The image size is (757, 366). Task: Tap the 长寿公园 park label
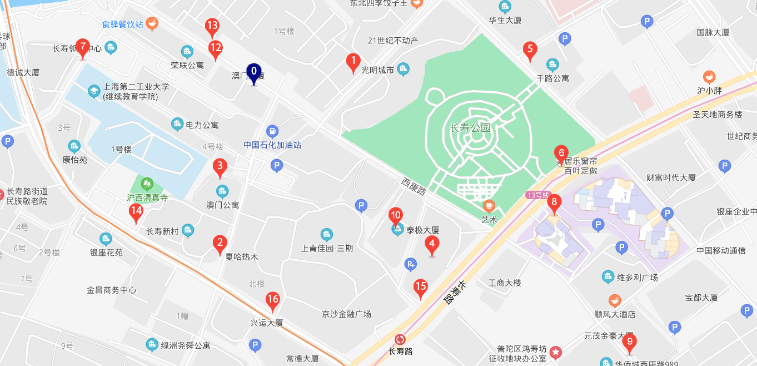click(x=470, y=128)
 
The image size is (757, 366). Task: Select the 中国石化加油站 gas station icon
click(x=272, y=131)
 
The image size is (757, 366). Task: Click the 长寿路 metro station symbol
click(x=400, y=339)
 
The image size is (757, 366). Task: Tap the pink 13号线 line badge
click(x=537, y=195)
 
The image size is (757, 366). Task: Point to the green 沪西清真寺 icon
click(x=147, y=182)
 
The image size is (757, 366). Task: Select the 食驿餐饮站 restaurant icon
click(x=152, y=23)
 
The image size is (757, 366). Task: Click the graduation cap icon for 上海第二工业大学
click(x=94, y=91)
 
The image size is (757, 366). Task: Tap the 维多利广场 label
click(x=638, y=277)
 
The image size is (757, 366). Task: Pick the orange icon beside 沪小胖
click(x=709, y=76)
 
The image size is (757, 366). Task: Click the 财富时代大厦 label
click(x=671, y=178)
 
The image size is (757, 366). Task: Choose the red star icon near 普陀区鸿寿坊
click(x=555, y=352)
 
